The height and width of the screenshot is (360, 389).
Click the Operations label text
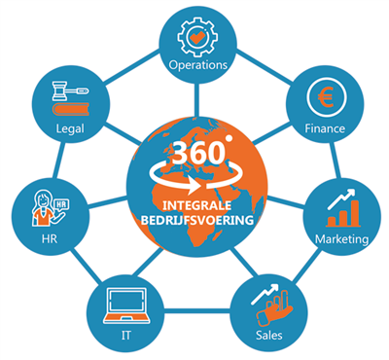[x=197, y=65]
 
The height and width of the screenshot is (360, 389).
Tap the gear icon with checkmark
[x=197, y=38]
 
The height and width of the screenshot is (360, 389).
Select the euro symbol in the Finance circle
[x=326, y=98]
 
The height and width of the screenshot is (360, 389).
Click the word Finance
[x=325, y=128]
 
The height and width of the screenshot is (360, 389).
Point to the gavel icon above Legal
[x=70, y=90]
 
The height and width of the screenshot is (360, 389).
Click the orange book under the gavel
[x=70, y=109]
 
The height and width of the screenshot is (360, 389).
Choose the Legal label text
[x=70, y=129]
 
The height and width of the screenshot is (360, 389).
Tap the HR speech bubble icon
[x=61, y=205]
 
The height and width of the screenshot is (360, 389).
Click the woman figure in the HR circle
[x=42, y=209]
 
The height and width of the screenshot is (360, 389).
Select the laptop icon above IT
[x=126, y=306]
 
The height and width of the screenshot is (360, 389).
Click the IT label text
[x=126, y=335]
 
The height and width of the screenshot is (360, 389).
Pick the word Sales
[x=269, y=335]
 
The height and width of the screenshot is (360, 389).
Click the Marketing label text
[x=342, y=239]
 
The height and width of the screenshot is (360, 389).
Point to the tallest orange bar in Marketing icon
[x=355, y=213]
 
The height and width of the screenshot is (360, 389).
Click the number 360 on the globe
[x=198, y=153]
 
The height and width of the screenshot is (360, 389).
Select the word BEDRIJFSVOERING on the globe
[x=197, y=220]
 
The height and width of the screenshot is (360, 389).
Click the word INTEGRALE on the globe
[x=196, y=205]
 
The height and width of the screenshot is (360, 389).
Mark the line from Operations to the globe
[x=195, y=100]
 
